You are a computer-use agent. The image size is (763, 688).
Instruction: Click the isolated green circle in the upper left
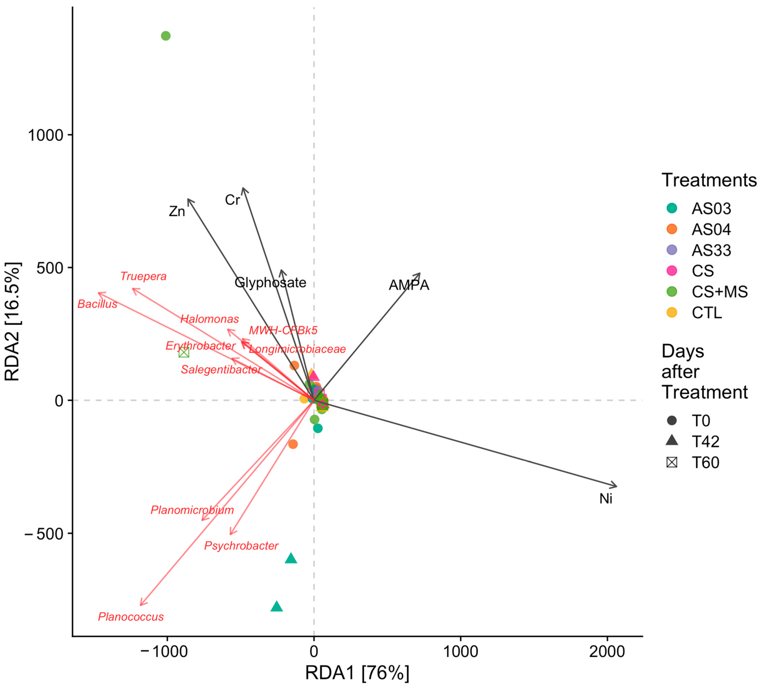[166, 36]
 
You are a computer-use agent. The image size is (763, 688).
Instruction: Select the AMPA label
[409, 285]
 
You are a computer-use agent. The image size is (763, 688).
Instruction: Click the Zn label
[177, 211]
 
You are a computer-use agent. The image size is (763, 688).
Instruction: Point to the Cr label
[232, 200]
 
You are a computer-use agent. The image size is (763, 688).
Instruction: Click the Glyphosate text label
[270, 282]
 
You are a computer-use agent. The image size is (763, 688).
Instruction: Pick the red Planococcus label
[131, 617]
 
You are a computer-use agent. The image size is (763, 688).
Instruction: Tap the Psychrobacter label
[241, 546]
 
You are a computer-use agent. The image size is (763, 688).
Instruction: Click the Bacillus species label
[97, 304]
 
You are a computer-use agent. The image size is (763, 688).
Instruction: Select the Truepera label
[143, 276]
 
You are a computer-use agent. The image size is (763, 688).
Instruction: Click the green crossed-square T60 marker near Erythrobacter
[184, 352]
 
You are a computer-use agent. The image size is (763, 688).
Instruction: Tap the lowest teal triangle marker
[277, 607]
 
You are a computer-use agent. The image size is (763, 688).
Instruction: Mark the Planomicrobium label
[192, 510]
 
